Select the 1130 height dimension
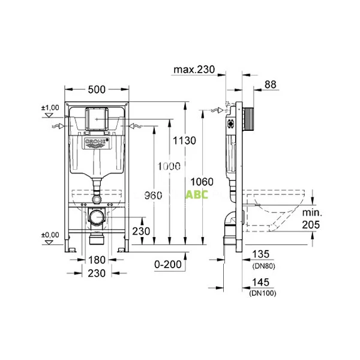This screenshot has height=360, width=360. coord(184,140)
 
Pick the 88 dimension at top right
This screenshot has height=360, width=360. coord(271,86)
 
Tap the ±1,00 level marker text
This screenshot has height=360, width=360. coord(50,107)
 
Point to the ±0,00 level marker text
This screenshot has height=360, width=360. coord(50,235)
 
